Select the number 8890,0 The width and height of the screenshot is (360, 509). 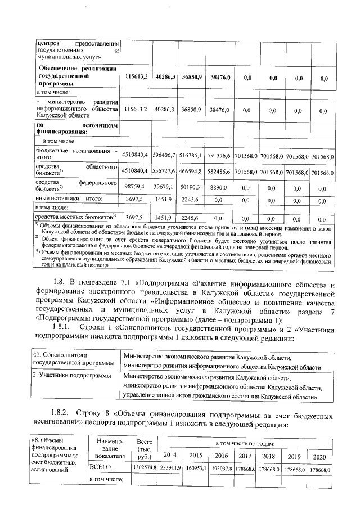220,186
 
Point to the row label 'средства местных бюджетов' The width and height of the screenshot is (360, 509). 75,217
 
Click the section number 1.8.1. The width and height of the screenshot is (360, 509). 60,326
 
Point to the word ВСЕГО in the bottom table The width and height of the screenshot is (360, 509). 101,467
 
